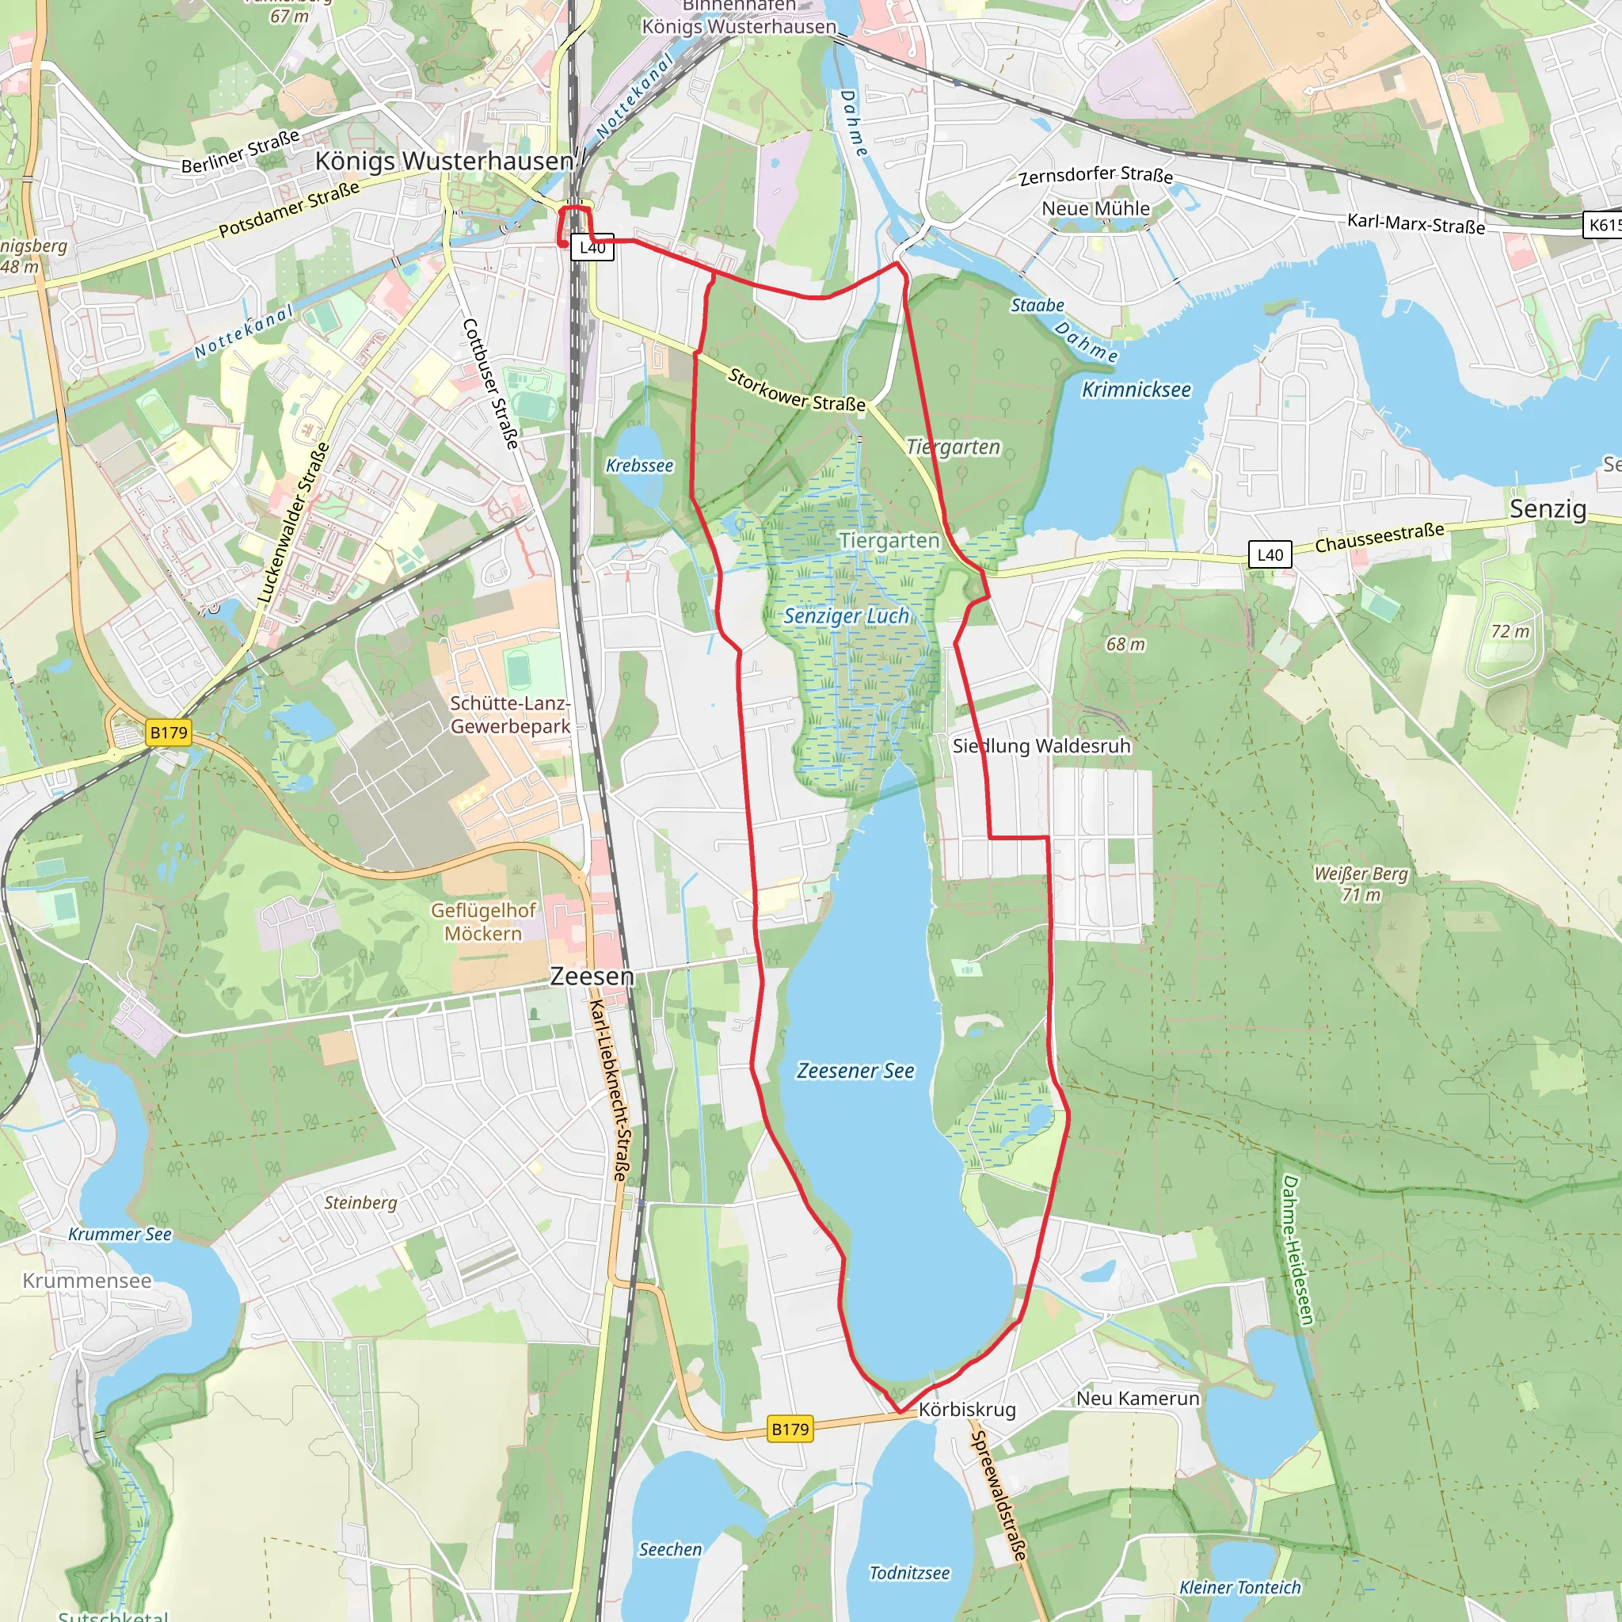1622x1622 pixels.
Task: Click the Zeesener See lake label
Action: pos(855,1071)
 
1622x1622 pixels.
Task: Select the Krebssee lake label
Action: pos(639,465)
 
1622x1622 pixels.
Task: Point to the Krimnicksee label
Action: pos(1135,390)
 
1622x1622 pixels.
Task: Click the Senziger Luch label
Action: pos(847,615)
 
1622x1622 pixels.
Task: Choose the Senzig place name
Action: pos(1548,508)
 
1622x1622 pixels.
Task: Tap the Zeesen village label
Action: pos(592,976)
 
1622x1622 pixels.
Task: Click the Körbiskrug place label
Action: pos(966,1410)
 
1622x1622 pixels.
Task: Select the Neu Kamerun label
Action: pos(1137,1398)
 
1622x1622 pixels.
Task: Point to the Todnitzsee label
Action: pos(909,1572)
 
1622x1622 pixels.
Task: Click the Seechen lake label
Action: pos(670,1549)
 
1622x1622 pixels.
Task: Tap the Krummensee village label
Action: pos(87,1281)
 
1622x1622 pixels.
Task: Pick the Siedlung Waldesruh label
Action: pos(1041,745)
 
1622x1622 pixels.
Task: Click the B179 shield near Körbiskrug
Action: pos(790,1429)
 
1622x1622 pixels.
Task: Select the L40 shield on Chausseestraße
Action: pos(1270,554)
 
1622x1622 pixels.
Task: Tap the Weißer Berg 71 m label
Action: pos(1361,884)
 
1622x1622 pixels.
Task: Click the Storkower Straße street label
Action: pos(796,390)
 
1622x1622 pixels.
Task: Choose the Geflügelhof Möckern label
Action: pos(483,922)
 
